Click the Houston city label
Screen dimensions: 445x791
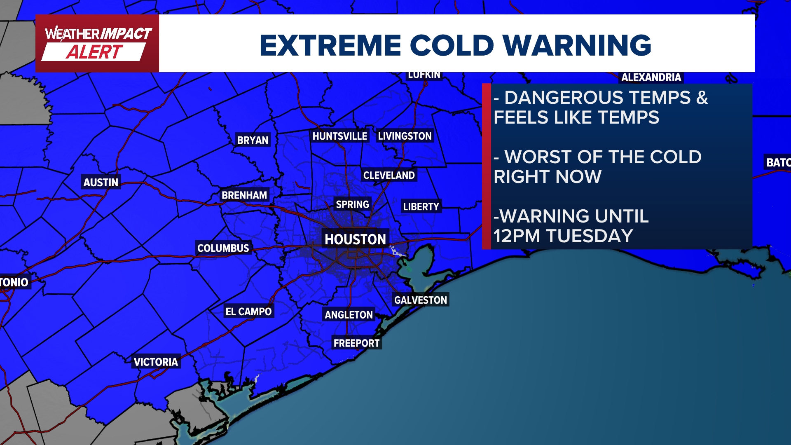[355, 239]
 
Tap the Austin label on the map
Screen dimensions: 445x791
[101, 182]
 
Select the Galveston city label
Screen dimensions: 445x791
[420, 300]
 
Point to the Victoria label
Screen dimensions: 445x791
[156, 362]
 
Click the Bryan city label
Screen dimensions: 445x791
[253, 140]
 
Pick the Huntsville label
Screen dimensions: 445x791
[339, 136]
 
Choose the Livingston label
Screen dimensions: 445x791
[405, 136]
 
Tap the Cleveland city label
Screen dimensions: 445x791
[389, 175]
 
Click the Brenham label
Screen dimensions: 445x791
[244, 195]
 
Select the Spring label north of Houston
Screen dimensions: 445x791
[352, 204]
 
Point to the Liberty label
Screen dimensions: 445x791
[421, 206]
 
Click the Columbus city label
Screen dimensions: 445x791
[223, 248]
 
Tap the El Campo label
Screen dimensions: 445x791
[248, 311]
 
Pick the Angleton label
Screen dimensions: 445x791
[349, 315]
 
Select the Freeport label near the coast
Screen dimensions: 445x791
[356, 343]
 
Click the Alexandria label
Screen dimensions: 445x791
[651, 77]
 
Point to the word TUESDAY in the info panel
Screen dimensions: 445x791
[589, 236]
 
